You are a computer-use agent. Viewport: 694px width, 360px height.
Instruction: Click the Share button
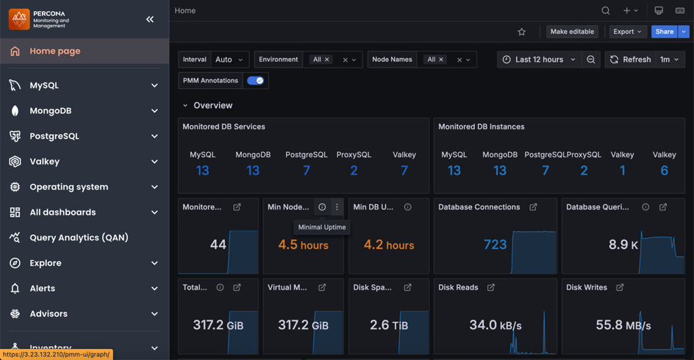(x=663, y=32)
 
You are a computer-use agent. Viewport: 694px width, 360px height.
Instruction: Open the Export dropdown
(x=627, y=32)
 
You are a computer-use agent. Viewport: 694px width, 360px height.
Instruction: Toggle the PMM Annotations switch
(x=255, y=81)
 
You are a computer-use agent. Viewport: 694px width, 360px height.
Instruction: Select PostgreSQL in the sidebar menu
(x=54, y=136)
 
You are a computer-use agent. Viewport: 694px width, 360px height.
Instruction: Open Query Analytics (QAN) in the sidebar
(x=79, y=237)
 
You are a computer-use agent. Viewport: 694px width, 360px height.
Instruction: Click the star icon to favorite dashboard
(x=521, y=32)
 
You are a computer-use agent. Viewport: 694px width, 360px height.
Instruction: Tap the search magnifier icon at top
(x=605, y=11)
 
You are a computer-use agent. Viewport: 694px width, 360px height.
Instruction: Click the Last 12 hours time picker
(x=539, y=60)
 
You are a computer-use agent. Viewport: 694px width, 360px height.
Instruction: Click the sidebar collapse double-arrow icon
(x=150, y=19)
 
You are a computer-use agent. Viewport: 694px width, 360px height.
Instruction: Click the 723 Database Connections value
(x=495, y=245)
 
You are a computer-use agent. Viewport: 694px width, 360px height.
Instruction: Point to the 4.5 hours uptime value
(x=303, y=245)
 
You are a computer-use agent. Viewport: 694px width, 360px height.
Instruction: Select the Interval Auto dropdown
(x=229, y=60)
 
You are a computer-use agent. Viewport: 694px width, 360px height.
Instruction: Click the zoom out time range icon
(x=591, y=60)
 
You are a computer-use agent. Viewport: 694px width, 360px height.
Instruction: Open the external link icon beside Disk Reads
(x=491, y=287)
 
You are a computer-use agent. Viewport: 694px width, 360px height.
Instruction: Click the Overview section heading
(x=212, y=106)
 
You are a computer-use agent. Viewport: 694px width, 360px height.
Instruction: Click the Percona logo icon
(x=19, y=19)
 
